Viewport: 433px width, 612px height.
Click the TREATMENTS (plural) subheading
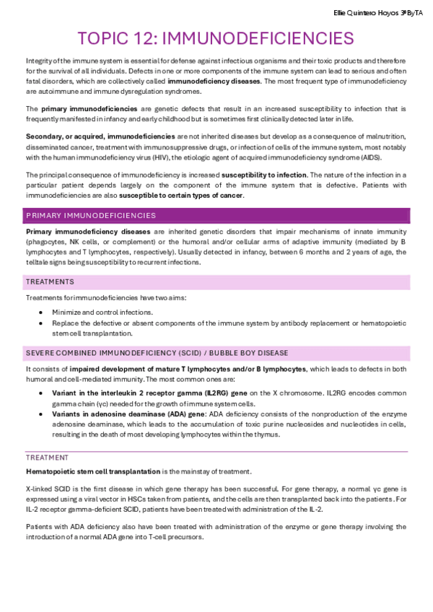[x=50, y=281]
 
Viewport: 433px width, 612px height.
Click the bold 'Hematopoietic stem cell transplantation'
[x=93, y=471]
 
